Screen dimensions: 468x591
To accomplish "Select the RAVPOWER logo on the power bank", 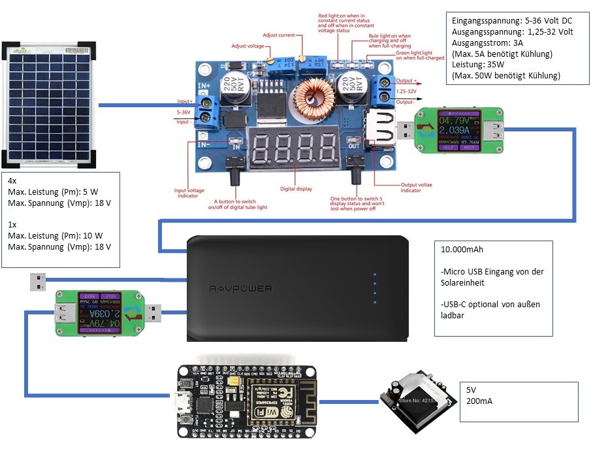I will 241,288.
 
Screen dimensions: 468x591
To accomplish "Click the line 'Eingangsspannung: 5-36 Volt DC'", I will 513,20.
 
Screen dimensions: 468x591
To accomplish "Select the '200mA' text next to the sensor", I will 479,401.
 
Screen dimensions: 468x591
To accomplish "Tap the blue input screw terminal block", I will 210,109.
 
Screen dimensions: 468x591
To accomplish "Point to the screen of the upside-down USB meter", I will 99,312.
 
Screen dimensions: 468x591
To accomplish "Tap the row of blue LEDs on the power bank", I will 374,288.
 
